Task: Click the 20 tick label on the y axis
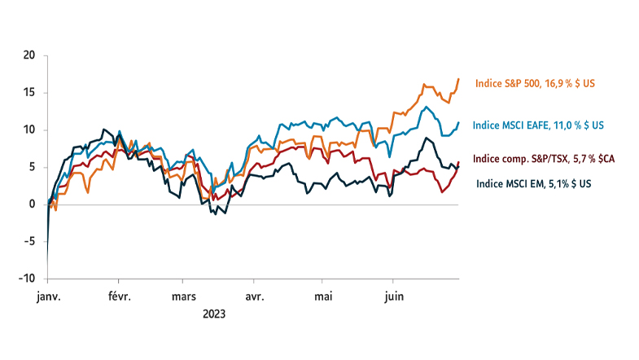click(29, 55)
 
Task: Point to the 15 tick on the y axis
click(29, 93)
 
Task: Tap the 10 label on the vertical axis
click(29, 130)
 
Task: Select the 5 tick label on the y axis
click(33, 167)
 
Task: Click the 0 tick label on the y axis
click(33, 204)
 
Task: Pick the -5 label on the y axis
click(29, 241)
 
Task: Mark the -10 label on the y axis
click(27, 279)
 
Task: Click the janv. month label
click(49, 296)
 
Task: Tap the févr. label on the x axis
click(120, 296)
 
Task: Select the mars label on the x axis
click(184, 296)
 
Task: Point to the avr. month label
click(255, 296)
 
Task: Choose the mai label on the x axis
click(323, 296)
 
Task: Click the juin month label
click(394, 296)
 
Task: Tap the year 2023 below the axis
click(214, 314)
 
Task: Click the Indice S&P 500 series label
click(535, 84)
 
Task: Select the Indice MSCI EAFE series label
click(538, 125)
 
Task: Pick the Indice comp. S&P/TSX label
click(544, 159)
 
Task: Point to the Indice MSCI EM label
click(534, 184)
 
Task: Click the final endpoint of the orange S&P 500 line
click(458, 79)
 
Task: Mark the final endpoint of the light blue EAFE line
click(458, 122)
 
